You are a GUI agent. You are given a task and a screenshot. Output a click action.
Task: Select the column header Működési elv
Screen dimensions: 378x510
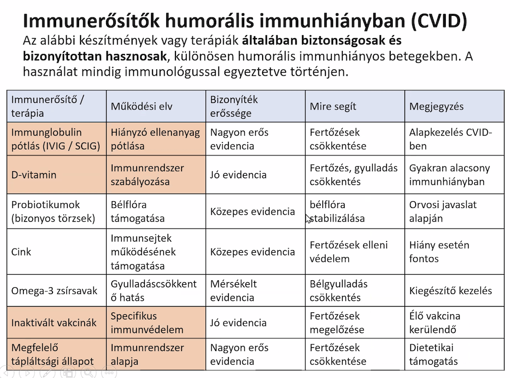[x=142, y=106]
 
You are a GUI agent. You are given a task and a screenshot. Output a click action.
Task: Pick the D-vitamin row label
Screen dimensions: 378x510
[x=34, y=175]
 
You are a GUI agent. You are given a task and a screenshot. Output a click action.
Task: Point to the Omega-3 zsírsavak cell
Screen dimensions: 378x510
[x=54, y=291]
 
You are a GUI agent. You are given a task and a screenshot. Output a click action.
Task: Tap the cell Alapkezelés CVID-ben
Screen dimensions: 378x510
[x=450, y=139]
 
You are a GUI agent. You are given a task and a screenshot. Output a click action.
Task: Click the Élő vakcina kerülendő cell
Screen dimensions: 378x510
[x=435, y=322]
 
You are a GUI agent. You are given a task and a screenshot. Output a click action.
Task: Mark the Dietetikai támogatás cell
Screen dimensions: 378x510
[x=433, y=355]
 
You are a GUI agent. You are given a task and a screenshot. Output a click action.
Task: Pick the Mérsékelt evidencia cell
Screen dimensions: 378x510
[x=234, y=291]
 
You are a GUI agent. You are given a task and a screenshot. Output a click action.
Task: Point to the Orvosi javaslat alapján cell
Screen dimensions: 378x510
[x=443, y=211]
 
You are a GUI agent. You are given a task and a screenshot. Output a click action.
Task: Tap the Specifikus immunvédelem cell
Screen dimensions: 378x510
[x=147, y=322]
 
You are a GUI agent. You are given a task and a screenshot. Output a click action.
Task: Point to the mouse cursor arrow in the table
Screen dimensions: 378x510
[x=308, y=218]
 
